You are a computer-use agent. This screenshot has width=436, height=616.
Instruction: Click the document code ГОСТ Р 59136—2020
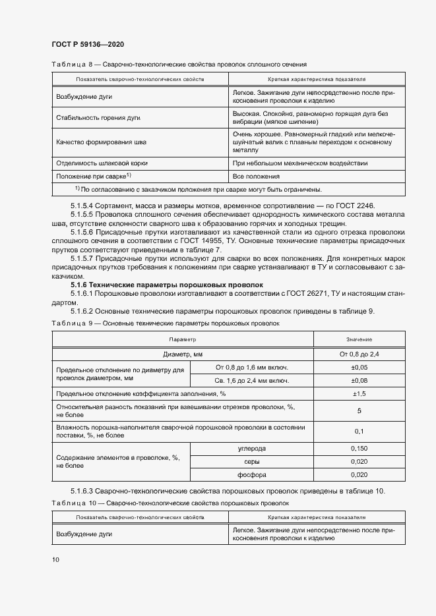pos(87,44)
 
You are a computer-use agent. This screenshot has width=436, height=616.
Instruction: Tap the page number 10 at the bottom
pos(55,559)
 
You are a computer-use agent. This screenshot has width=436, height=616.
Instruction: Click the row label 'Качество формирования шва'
pos(102,142)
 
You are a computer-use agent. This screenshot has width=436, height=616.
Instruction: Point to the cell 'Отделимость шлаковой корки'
pos(102,163)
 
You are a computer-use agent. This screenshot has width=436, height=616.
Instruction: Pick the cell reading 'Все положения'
pos(256,176)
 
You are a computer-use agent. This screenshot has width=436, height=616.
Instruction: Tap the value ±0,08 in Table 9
pos(359,381)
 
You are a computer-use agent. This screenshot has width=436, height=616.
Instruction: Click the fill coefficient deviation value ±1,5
pos(359,394)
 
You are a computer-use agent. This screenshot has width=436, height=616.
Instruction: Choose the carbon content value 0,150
pos(359,447)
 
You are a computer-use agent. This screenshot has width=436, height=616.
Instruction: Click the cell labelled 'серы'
pos(251,461)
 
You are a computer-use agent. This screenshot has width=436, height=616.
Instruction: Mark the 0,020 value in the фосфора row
pos(359,474)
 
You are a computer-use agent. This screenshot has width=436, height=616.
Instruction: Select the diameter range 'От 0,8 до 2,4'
pos(359,354)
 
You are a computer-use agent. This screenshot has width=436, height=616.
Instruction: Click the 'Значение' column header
pos(359,339)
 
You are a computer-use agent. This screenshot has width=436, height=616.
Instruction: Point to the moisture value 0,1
pos(359,431)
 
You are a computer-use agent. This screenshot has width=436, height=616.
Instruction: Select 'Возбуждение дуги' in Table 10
pos(84,534)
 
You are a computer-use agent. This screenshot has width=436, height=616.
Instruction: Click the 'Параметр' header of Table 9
pos(183,339)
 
